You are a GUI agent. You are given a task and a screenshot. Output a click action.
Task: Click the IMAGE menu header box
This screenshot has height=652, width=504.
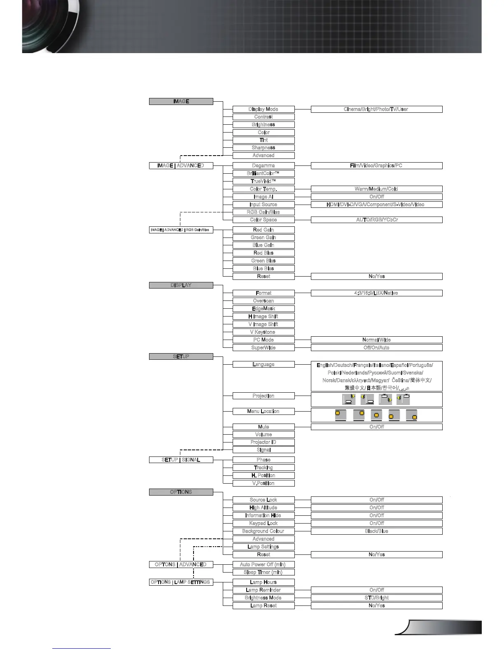(181, 101)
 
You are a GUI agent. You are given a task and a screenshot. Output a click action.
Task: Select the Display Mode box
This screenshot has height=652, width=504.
(264, 109)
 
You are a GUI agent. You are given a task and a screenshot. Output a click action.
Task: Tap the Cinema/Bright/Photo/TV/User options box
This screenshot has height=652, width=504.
(376, 109)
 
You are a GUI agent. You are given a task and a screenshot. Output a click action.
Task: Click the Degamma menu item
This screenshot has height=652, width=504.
(264, 165)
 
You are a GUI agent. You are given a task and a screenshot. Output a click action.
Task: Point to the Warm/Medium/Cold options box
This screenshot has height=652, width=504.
(376, 189)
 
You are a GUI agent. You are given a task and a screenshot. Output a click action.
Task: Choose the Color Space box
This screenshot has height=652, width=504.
(264, 220)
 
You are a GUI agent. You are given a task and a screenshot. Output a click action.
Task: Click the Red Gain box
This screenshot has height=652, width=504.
(264, 230)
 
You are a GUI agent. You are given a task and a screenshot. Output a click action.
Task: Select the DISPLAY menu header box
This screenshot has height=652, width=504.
(181, 285)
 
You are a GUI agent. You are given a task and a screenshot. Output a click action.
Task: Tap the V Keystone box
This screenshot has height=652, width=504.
(264, 332)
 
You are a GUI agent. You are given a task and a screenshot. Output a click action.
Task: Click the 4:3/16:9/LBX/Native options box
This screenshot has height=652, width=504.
(376, 293)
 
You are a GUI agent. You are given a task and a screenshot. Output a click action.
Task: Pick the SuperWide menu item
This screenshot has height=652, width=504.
(264, 348)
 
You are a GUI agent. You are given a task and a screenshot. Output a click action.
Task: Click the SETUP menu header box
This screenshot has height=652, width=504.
(181, 356)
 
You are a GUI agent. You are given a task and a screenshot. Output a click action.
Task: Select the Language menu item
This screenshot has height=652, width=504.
(264, 364)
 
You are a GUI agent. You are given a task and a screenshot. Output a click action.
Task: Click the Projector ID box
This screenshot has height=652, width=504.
(264, 442)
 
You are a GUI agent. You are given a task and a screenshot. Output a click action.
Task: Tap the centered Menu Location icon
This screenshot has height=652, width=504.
(376, 415)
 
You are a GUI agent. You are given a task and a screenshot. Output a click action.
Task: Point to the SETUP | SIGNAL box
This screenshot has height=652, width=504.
(181, 460)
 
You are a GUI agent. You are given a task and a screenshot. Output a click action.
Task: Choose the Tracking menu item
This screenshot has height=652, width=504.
(264, 468)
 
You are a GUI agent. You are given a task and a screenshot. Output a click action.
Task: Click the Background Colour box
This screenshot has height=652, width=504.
(264, 531)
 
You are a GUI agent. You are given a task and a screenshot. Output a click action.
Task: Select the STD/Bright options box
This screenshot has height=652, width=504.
(376, 598)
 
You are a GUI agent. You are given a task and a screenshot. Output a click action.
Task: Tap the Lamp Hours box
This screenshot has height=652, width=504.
(264, 582)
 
